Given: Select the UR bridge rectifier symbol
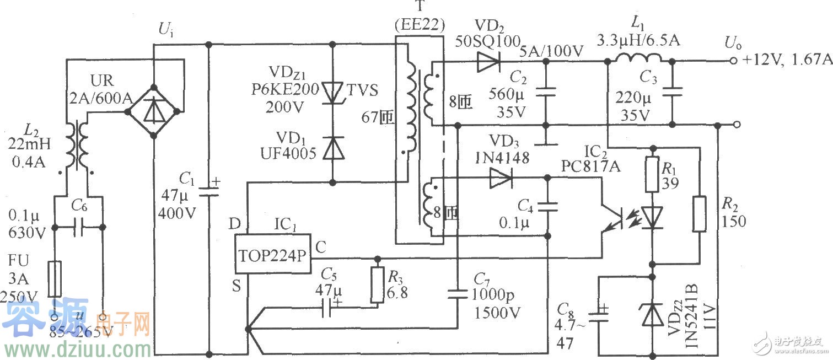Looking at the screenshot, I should [153, 112].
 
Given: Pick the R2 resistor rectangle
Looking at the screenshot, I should [700, 213].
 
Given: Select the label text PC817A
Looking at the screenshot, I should [590, 165].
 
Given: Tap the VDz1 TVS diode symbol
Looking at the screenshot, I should [332, 93].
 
